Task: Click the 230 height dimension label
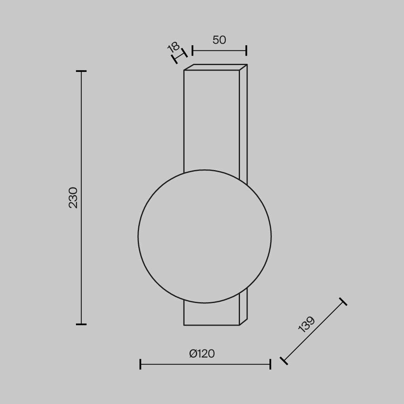pos(73,198)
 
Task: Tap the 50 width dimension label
pos(219,40)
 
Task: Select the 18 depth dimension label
pos(173,47)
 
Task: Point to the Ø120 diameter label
pos(202,354)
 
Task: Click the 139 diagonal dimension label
pos(307,324)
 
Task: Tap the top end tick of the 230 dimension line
pos(81,71)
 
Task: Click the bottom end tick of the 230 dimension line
pos(81,324)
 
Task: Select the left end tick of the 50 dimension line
pos(192,50)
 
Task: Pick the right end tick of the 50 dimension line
pos(246,50)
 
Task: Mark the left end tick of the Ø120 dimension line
pos(140,364)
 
